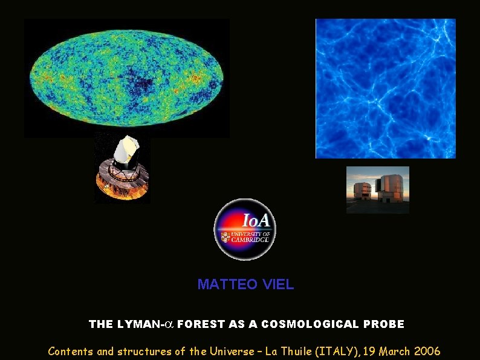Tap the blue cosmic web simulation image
(385, 88)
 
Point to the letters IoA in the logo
(256, 220)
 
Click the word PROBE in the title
(384, 324)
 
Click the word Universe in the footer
(230, 351)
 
